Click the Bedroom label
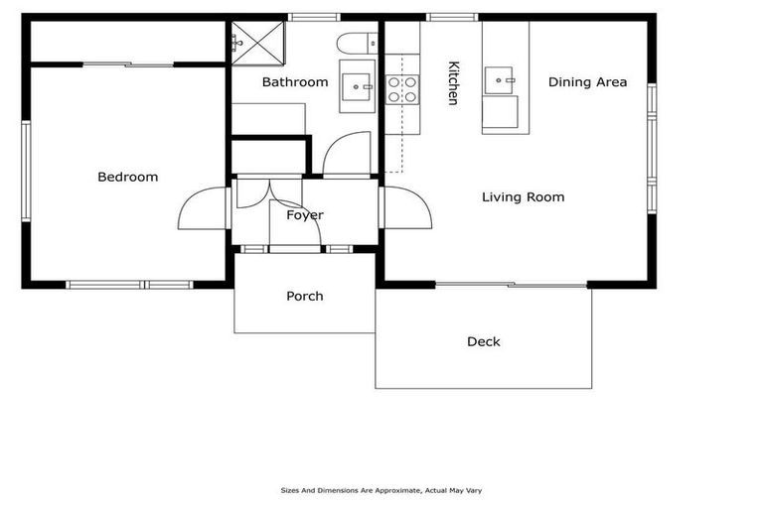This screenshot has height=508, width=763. pyautogui.click(x=128, y=177)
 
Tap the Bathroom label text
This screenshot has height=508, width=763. pyautogui.click(x=295, y=82)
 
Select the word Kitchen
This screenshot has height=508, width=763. pyautogui.click(x=453, y=82)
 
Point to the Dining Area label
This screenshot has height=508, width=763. pyautogui.click(x=587, y=82)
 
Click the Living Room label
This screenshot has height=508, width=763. pyautogui.click(x=524, y=196)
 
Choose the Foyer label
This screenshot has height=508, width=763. pyautogui.click(x=305, y=215)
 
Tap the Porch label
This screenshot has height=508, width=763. pyautogui.click(x=305, y=296)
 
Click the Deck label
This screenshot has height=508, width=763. pyautogui.click(x=483, y=341)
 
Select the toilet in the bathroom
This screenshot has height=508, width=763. pyautogui.click(x=357, y=43)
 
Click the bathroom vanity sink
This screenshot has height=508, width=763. pyautogui.click(x=358, y=86)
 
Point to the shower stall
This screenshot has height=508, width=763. pyautogui.click(x=257, y=43)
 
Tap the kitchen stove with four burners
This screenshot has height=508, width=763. pyautogui.click(x=402, y=89)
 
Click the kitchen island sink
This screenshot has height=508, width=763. pyautogui.click(x=499, y=80)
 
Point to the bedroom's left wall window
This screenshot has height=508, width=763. pyautogui.click(x=26, y=171)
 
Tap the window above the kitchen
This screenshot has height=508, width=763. pyautogui.click(x=453, y=18)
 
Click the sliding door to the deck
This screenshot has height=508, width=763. pyautogui.click(x=511, y=285)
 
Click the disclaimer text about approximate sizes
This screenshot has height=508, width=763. pyautogui.click(x=381, y=490)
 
